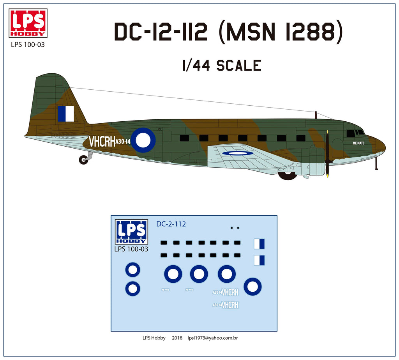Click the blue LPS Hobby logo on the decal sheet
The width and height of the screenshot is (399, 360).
131,232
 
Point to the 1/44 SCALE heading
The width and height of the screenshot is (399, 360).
221,65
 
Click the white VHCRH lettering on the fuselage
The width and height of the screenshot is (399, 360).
102,142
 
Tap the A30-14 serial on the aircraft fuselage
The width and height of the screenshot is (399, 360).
123,142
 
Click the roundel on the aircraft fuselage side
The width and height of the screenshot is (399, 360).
143,140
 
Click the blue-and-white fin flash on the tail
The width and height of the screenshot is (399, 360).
65,113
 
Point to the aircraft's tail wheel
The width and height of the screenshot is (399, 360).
83,160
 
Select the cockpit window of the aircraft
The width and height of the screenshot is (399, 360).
351,133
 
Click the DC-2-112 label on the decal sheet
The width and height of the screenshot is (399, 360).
171,224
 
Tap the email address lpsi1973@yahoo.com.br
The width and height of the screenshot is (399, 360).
212,338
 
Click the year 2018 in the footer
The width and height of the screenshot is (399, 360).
177,338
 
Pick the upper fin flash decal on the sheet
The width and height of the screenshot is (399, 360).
259,244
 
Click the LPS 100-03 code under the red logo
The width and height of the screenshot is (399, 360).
28,44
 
